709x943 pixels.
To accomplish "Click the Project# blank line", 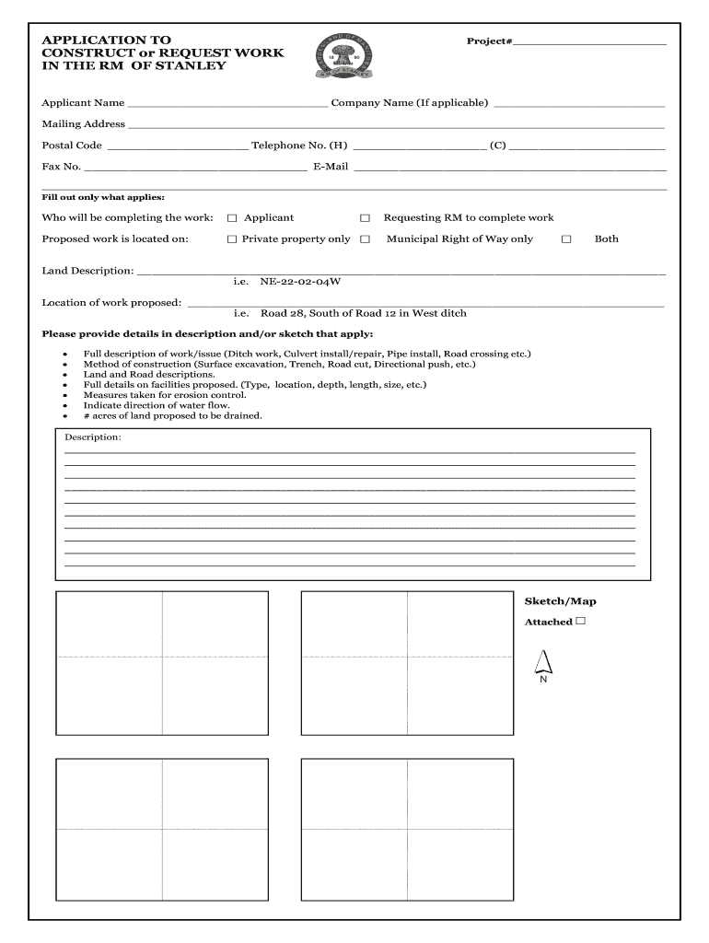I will pyautogui.click(x=589, y=42).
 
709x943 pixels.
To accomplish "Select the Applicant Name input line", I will pyautogui.click(x=227, y=105).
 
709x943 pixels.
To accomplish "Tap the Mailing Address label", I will pyautogui.click(x=83, y=124).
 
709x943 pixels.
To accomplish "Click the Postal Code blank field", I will pyautogui.click(x=177, y=146).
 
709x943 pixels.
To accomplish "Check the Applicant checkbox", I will pyautogui.click(x=232, y=218).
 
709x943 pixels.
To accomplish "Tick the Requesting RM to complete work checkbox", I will pyautogui.click(x=365, y=218).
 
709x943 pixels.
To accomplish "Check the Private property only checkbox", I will pyautogui.click(x=232, y=239).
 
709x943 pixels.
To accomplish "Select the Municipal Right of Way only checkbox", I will pyautogui.click(x=365, y=239).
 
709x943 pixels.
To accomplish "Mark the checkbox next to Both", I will pyautogui.click(x=566, y=239).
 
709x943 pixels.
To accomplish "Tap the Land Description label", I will pyautogui.click(x=87, y=272).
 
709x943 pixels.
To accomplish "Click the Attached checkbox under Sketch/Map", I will pyautogui.click(x=581, y=622).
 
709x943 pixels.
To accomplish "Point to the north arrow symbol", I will pyautogui.click(x=542, y=661).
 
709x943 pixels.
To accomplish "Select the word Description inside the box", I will pyautogui.click(x=92, y=437).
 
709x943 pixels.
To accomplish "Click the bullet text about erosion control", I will pyautogui.click(x=165, y=395).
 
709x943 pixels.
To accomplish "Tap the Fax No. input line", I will pyautogui.click(x=195, y=169).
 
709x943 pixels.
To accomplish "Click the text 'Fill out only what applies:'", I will pyautogui.click(x=103, y=197).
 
